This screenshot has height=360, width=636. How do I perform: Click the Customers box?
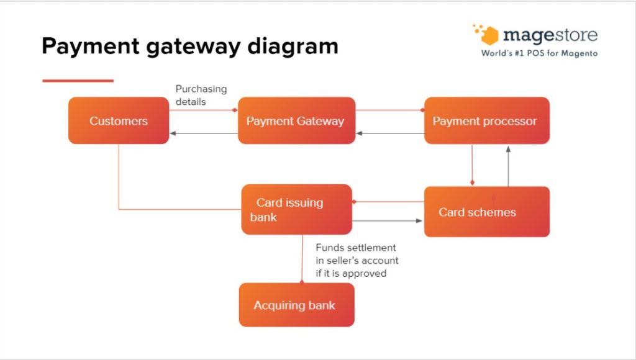(118, 120)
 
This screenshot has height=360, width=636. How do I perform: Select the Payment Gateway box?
(296, 120)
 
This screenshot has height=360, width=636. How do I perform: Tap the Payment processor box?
(486, 120)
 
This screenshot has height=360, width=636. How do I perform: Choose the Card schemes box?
(486, 212)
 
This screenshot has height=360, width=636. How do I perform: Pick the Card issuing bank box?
(296, 209)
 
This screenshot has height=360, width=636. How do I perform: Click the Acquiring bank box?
(296, 305)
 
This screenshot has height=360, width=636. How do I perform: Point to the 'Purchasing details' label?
(201, 95)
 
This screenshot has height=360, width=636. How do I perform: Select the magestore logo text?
(550, 34)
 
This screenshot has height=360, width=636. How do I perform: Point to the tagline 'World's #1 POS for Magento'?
(539, 53)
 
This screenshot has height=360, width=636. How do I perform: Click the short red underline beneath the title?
(78, 81)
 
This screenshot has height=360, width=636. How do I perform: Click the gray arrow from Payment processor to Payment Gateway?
(390, 133)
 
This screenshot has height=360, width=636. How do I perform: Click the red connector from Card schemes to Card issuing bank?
(388, 202)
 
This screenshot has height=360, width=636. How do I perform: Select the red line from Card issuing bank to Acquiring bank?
(302, 259)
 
